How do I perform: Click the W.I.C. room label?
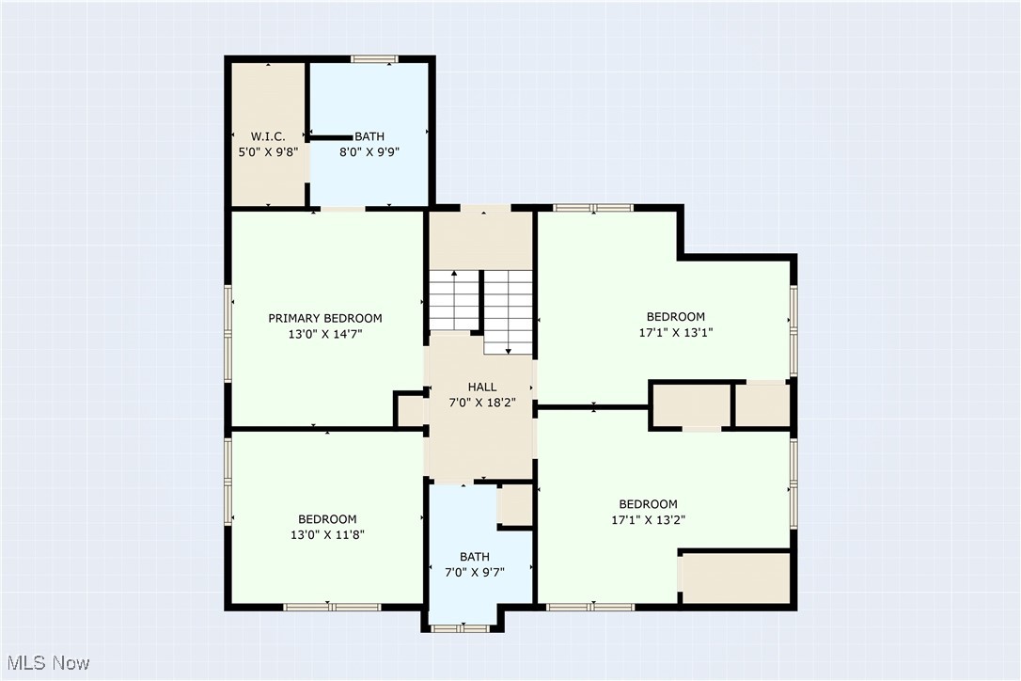coord(268,136)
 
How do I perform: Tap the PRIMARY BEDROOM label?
coord(325,318)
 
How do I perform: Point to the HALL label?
coord(482,387)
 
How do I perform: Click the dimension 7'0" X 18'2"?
coord(482,403)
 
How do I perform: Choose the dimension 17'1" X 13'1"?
coord(675,332)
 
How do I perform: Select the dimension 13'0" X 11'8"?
coord(327,534)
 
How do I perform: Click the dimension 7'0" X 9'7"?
coord(475,572)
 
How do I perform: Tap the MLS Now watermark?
coord(46,663)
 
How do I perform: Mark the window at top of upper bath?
coord(374,59)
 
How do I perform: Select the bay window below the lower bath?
coord(461,626)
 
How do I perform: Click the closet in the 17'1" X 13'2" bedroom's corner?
coord(735,578)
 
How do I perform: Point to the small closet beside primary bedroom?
coord(410,411)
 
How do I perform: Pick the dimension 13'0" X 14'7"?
coord(325,333)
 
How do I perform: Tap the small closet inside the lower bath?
coord(515,505)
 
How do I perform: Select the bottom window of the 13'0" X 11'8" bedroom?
coord(332,607)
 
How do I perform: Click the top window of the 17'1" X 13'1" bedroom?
coord(592,208)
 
